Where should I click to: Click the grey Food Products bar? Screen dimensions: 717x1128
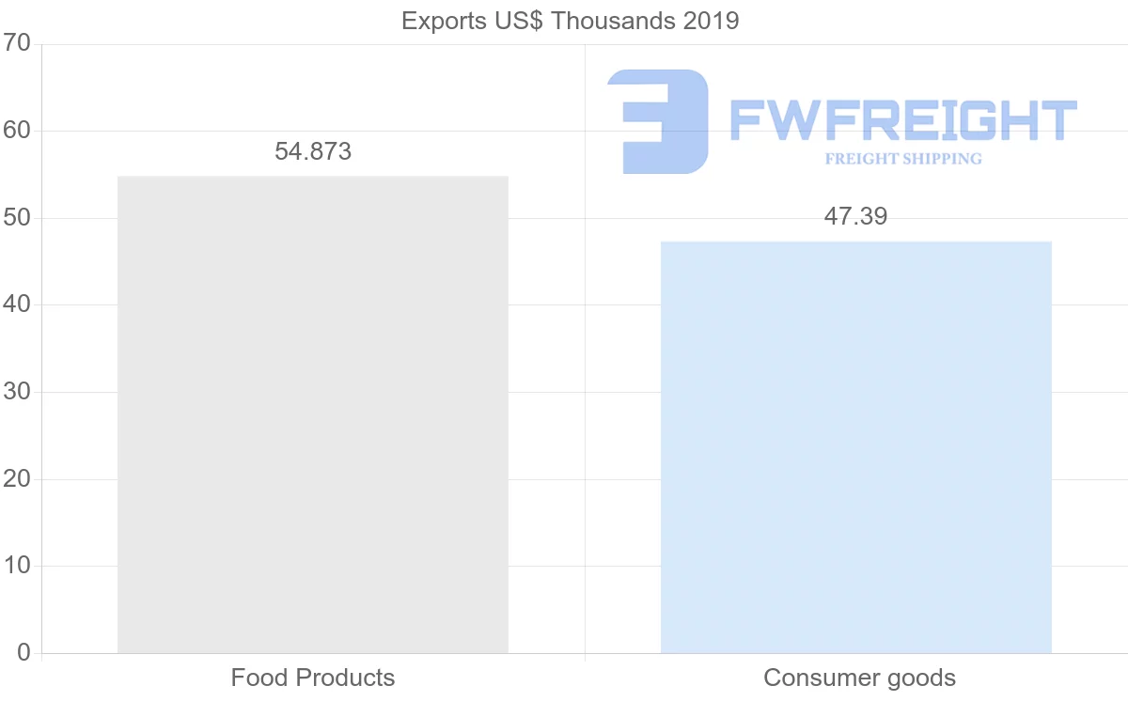pos(312,413)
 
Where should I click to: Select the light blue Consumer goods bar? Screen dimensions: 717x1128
pos(855,446)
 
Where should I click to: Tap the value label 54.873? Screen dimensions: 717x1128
pos(313,151)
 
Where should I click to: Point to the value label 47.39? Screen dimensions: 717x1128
pos(855,216)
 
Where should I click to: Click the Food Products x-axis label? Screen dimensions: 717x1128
pos(313,678)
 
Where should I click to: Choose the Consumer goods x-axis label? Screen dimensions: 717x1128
pos(859,678)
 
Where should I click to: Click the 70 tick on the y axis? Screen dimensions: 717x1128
pos(17,43)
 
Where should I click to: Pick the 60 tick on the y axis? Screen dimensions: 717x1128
pos(17,131)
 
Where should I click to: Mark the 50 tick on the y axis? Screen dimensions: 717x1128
pos(17,218)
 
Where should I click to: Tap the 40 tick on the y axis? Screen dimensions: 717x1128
pos(17,304)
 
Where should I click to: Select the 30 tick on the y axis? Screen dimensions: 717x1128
pos(17,392)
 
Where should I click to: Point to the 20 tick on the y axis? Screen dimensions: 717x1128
pos(17,479)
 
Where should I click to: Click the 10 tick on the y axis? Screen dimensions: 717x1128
pos(17,566)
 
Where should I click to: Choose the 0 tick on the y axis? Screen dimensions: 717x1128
pos(23,653)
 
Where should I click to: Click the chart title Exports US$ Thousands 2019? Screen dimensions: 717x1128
pos(570,21)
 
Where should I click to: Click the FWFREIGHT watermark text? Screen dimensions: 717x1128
pos(902,120)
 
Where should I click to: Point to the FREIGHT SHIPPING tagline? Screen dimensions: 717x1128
pos(903,159)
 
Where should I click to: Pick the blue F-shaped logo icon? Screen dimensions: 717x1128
pos(658,120)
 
